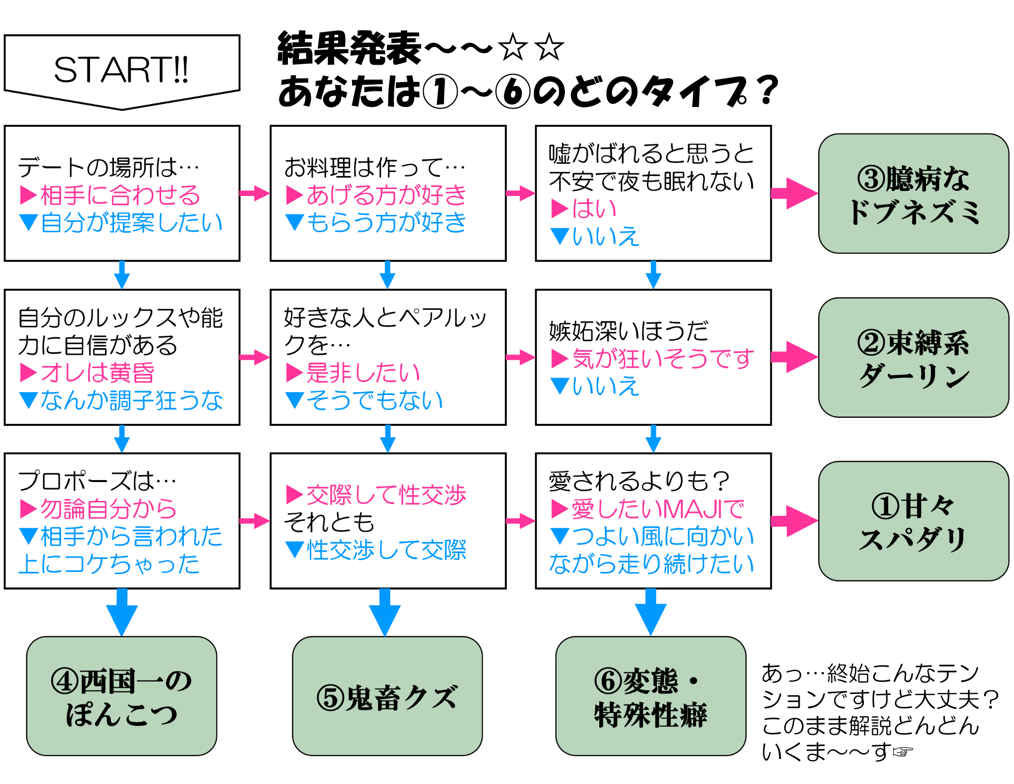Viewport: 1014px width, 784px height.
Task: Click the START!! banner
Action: pyautogui.click(x=122, y=70)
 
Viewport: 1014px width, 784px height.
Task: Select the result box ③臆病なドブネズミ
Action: pyautogui.click(x=913, y=194)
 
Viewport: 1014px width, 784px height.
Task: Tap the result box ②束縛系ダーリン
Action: pyautogui.click(x=913, y=358)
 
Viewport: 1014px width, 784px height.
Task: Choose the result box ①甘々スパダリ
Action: pyautogui.click(x=913, y=521)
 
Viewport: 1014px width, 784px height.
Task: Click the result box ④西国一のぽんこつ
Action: pyautogui.click(x=122, y=696)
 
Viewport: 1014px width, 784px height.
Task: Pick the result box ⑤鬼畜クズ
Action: pyautogui.click(x=387, y=696)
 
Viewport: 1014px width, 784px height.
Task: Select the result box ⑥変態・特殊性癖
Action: pyautogui.click(x=650, y=696)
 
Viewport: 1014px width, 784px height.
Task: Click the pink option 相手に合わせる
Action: pyautogui.click(x=119, y=195)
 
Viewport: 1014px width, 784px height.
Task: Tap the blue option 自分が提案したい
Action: pyautogui.click(x=131, y=222)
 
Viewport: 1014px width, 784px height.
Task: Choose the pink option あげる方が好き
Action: pyautogui.click(x=385, y=195)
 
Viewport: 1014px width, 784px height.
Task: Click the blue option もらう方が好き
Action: pyautogui.click(x=385, y=222)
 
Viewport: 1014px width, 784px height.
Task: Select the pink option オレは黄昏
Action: pyautogui.click(x=97, y=373)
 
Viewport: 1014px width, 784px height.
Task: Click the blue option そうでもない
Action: pyautogui.click(x=374, y=400)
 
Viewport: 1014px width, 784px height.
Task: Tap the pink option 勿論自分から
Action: pyautogui.click(x=108, y=509)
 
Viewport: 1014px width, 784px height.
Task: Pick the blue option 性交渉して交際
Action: pyautogui.click(x=386, y=550)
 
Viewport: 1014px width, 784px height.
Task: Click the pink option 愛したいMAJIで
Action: pyautogui.click(x=657, y=509)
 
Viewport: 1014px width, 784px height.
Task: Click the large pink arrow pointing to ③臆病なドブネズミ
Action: pyautogui.click(x=794, y=194)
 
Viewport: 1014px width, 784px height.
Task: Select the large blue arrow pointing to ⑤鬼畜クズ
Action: pyautogui.click(x=385, y=612)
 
